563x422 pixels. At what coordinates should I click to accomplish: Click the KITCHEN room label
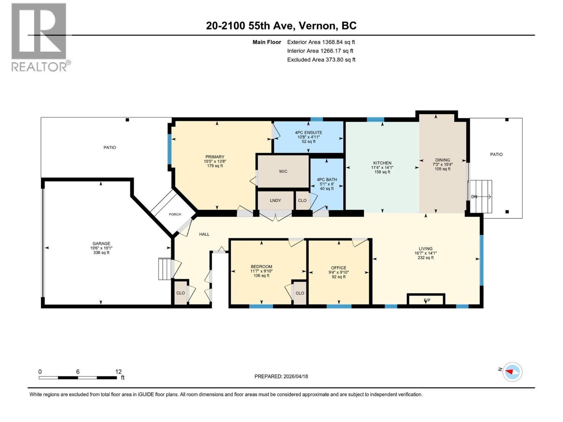[382, 163]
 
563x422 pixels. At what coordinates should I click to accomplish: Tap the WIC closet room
[283, 172]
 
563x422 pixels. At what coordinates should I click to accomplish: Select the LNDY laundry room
[276, 200]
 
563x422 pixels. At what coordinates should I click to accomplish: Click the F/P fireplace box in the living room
[426, 300]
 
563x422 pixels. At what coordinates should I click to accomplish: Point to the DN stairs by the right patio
[481, 197]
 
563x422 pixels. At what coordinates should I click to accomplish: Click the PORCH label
[175, 214]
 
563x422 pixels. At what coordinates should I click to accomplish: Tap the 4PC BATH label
[327, 179]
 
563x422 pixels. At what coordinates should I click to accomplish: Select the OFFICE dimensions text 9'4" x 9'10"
[339, 272]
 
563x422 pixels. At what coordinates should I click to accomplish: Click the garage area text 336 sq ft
[101, 252]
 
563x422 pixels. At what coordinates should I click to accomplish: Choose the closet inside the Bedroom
[300, 293]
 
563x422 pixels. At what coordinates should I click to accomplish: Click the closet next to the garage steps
[181, 293]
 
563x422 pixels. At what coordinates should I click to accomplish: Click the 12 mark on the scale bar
[118, 372]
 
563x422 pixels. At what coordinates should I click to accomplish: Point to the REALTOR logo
[39, 37]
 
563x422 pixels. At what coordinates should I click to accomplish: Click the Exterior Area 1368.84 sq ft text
[321, 42]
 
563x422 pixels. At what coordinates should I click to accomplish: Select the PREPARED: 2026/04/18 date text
[281, 376]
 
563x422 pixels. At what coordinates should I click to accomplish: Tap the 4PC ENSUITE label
[308, 133]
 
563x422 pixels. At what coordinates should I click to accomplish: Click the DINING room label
[442, 160]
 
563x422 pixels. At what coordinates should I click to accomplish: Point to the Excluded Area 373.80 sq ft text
[321, 59]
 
